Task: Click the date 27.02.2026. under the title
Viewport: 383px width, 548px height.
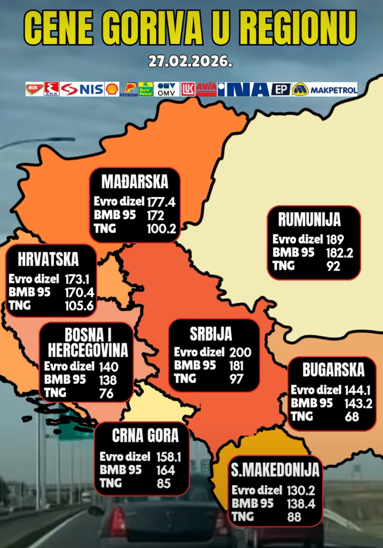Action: click(191, 62)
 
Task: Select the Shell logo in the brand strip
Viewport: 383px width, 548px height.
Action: click(112, 89)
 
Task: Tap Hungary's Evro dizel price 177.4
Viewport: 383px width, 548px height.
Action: click(161, 202)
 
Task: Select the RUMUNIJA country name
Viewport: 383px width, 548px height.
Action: click(309, 220)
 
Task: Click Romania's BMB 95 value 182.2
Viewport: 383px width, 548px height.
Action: click(340, 253)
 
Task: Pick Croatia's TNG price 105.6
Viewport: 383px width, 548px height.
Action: click(79, 305)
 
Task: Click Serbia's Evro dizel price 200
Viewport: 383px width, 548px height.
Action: click(240, 352)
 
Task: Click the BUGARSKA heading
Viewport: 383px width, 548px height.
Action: click(333, 370)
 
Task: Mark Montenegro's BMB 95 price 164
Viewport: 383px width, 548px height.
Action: click(166, 470)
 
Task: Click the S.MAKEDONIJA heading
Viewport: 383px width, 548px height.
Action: click(275, 470)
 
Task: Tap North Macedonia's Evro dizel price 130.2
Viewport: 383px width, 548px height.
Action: click(302, 491)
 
